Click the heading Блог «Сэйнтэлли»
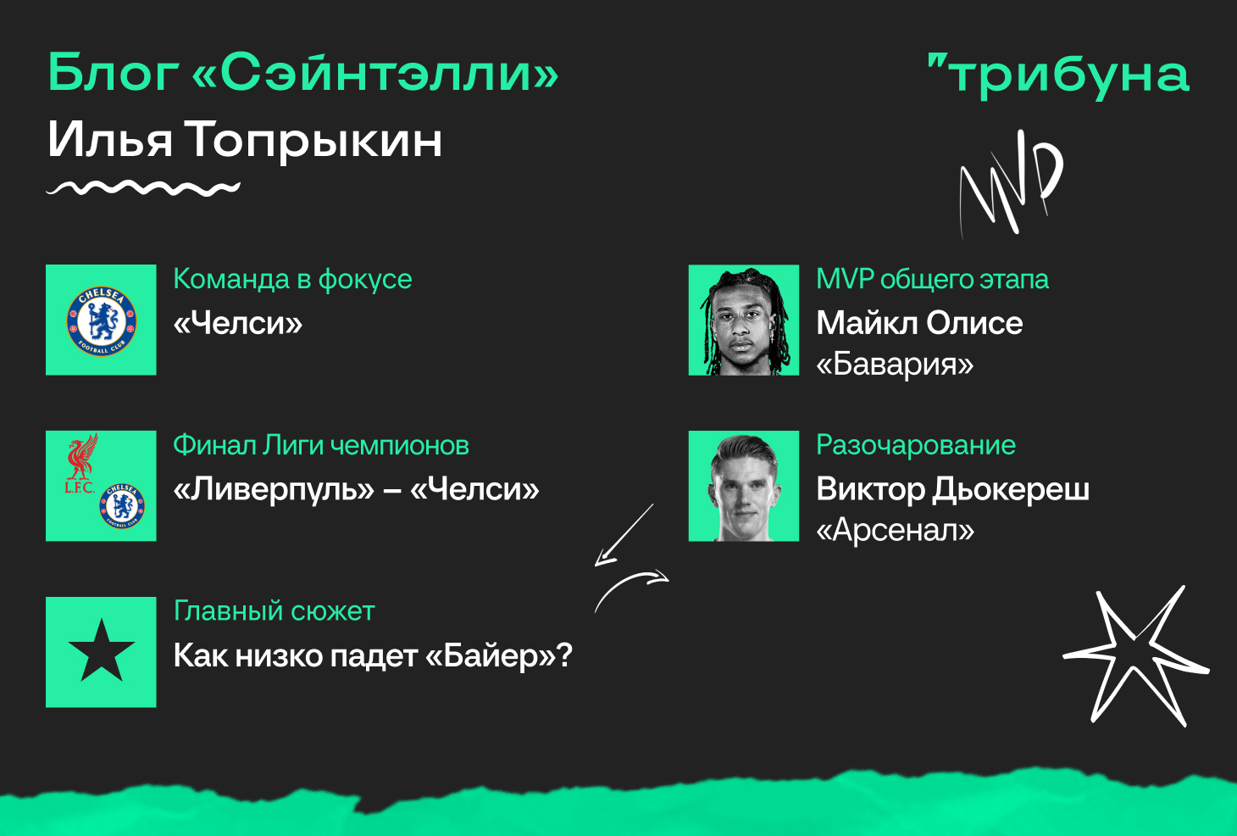303,73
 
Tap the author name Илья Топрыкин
245,141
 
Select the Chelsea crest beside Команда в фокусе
102,320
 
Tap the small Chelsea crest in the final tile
122,505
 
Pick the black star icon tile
101,652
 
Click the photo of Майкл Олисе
744,320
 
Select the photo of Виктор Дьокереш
744,486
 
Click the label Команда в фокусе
292,280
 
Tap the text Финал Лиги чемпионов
321,445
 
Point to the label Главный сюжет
275,611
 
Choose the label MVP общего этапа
932,280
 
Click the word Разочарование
916,445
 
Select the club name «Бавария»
896,365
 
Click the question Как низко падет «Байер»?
374,656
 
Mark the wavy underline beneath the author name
143,188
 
